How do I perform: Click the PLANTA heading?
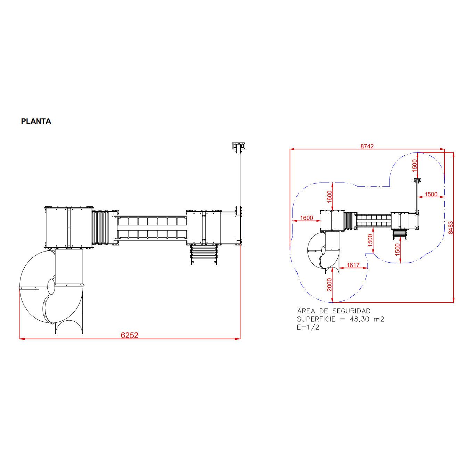pyautogui.click(x=36, y=121)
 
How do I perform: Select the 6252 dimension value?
pyautogui.click(x=130, y=335)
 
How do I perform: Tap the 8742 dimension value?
pyautogui.click(x=367, y=146)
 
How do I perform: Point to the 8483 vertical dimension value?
pyautogui.click(x=451, y=228)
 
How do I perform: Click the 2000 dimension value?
pyautogui.click(x=329, y=285)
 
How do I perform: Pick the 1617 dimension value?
pyautogui.click(x=353, y=265)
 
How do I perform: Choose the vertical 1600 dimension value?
pyautogui.click(x=329, y=197)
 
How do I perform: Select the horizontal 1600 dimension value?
pyautogui.click(x=306, y=218)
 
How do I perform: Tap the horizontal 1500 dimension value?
pyautogui.click(x=431, y=194)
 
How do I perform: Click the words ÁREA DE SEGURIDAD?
pyautogui.click(x=334, y=311)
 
